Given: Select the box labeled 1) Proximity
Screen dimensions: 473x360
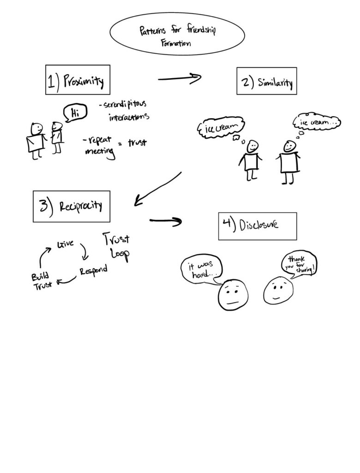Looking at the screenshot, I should (x=77, y=80).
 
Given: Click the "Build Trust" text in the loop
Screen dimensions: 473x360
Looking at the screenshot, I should (x=42, y=280).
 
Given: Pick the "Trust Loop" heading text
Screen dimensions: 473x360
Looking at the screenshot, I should (x=115, y=247).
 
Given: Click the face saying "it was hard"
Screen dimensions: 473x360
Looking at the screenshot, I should (x=234, y=296).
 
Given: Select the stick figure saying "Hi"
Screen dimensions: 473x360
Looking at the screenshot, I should (x=57, y=137).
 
